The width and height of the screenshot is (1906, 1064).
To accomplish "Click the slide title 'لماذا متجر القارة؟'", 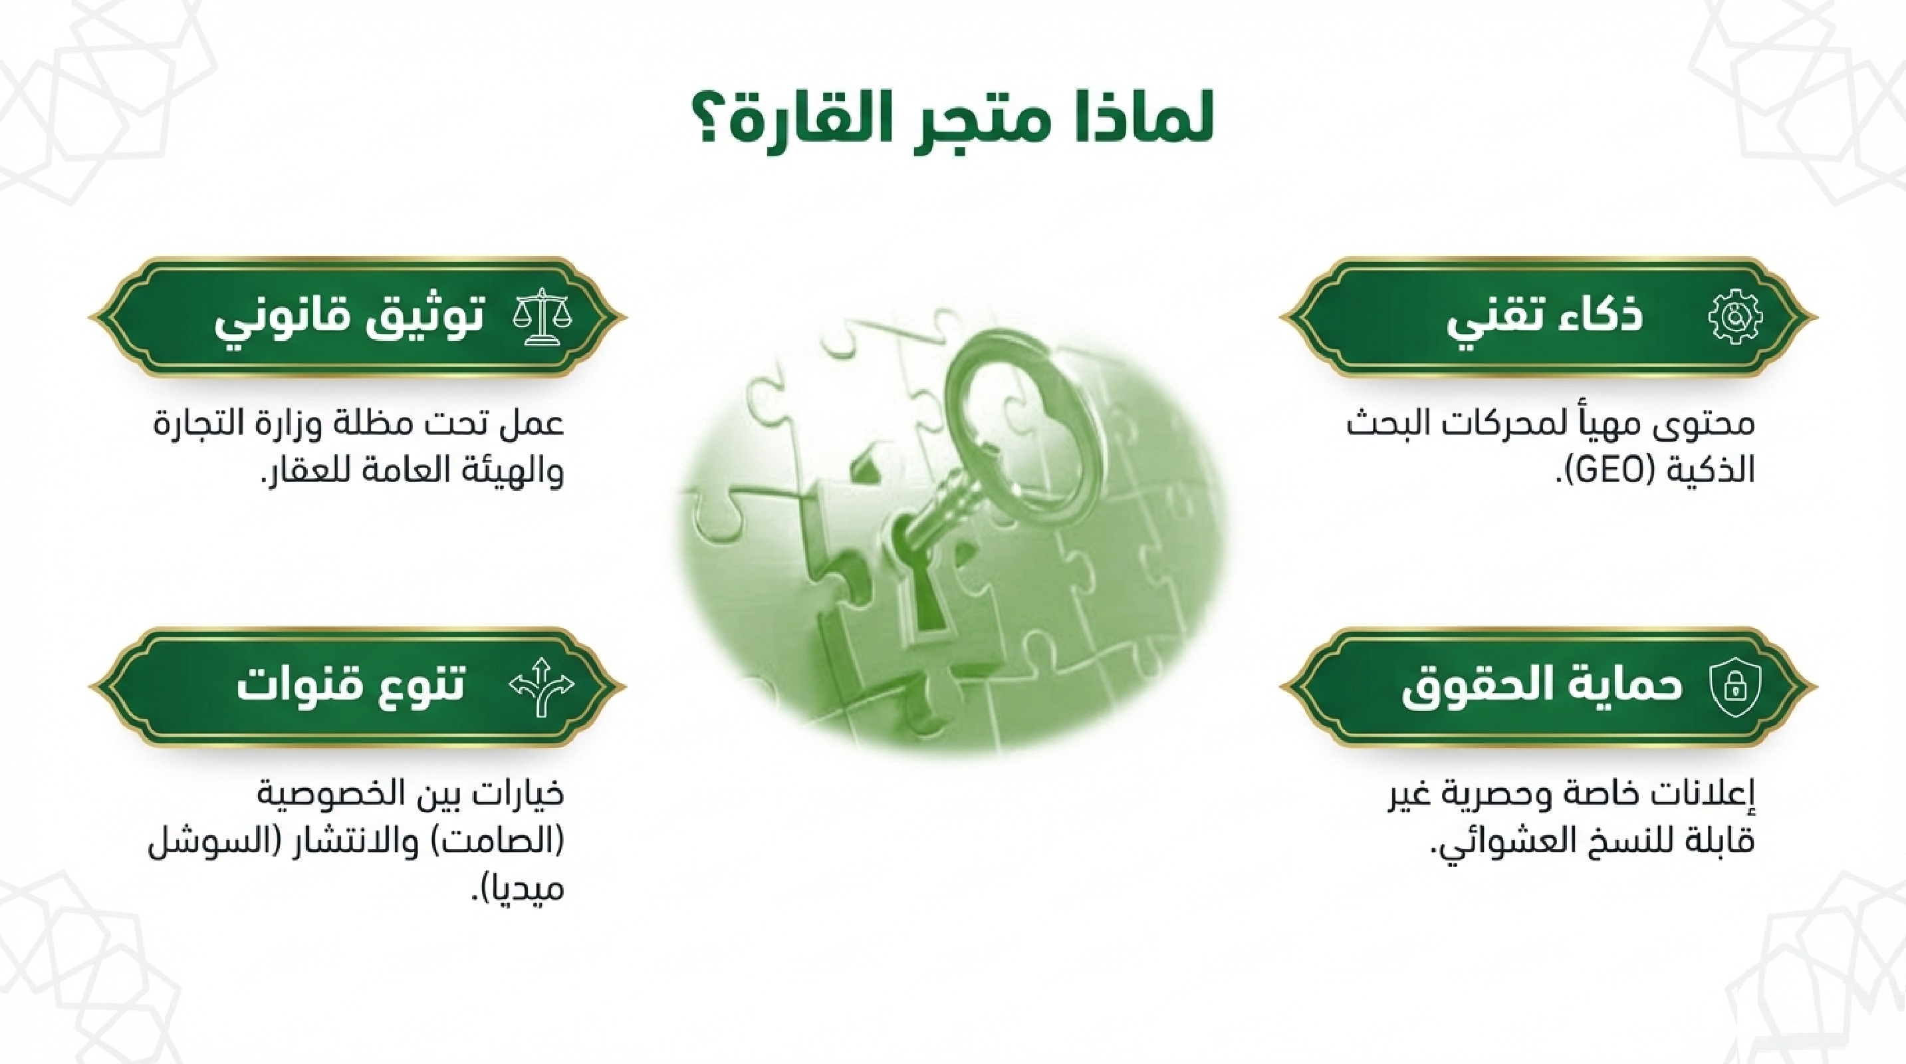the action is click(x=953, y=123).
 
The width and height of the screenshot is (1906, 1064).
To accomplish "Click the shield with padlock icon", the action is click(x=1734, y=688).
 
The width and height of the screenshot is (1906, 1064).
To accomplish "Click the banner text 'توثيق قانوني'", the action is click(x=348, y=320).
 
